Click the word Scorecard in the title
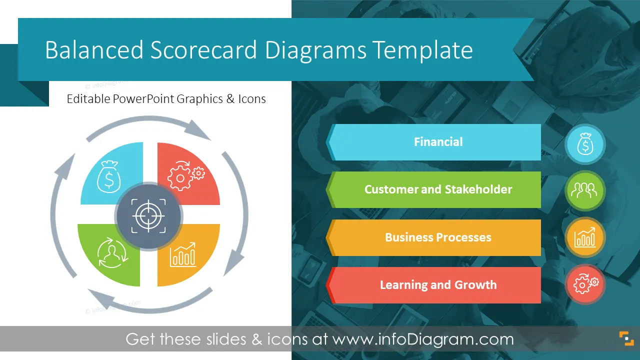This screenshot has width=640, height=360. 203,50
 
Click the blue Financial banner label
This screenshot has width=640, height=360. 433,142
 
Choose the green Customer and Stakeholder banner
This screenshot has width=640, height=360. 433,189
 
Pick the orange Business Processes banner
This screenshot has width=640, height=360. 433,237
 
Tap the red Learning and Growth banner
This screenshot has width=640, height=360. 433,285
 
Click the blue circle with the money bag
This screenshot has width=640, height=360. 585,144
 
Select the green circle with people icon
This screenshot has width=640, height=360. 585,191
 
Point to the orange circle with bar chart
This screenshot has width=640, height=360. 585,237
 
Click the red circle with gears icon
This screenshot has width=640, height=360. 585,284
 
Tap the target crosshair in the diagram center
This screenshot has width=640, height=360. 148,216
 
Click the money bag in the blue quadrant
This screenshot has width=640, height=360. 109,176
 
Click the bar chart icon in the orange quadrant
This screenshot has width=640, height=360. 183,254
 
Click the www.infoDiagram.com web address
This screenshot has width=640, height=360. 423,339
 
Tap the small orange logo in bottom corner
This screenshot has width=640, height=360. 626,338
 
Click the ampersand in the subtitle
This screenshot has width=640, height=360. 230,99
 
